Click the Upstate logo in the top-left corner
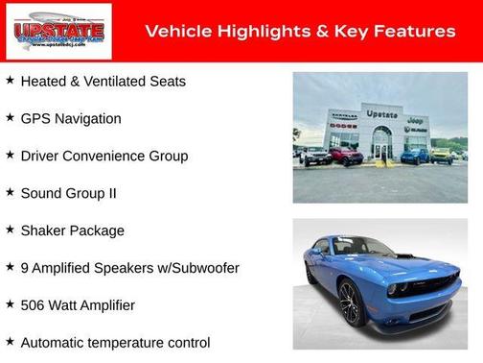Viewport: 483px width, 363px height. point(58,32)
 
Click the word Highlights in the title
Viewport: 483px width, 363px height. point(259,32)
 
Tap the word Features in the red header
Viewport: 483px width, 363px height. point(413,32)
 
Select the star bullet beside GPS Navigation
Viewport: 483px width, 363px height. point(10,117)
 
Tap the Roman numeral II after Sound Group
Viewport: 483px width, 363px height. point(111,194)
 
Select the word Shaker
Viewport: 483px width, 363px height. point(43,231)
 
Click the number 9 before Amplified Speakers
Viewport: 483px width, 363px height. point(25,269)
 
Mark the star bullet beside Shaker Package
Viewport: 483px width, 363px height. point(10,230)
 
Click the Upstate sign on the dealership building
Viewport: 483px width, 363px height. point(381,114)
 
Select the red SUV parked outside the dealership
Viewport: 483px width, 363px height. point(345,155)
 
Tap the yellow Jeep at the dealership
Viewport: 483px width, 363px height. point(440,154)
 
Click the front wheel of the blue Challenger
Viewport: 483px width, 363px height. point(348,302)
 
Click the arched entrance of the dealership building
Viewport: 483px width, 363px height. point(381,144)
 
